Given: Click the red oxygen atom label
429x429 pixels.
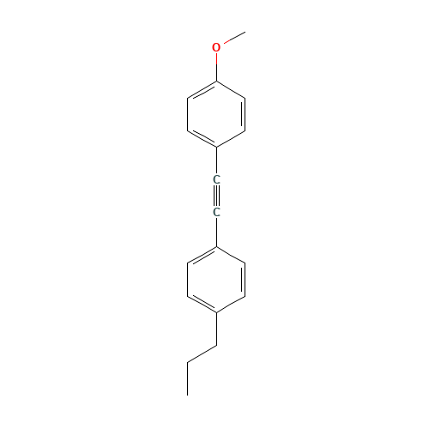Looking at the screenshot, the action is click(216, 47).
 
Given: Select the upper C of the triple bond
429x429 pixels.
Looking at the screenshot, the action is click(216, 180).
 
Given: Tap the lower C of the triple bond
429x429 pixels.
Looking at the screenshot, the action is click(216, 213).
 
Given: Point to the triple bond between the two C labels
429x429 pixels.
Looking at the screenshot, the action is click(216, 196).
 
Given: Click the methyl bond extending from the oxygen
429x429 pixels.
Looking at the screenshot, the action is click(234, 38).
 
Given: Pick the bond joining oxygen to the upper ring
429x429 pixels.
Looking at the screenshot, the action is click(216, 68).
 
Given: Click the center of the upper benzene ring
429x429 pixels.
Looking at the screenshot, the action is click(216, 114).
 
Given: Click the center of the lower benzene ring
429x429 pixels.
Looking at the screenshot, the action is click(216, 280).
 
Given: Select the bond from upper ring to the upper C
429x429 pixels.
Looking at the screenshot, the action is click(216, 161).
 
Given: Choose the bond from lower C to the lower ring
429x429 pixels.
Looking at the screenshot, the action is click(216, 232).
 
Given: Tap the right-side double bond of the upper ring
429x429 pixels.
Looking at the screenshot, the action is click(244, 114).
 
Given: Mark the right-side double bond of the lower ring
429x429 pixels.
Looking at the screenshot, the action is click(244, 280).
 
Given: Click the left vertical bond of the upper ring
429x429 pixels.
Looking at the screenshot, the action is click(187, 114).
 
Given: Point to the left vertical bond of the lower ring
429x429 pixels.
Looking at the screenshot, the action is click(187, 280).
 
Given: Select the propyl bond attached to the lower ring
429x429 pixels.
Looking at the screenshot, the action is click(216, 329).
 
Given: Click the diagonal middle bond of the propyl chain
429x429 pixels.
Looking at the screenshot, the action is click(202, 354).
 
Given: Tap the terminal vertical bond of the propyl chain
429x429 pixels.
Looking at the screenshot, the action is click(187, 379).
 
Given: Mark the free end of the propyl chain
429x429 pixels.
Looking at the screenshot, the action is click(187, 396).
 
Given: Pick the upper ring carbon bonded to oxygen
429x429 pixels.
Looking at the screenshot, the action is click(216, 82).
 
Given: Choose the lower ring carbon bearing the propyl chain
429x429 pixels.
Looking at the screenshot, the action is click(216, 312).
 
